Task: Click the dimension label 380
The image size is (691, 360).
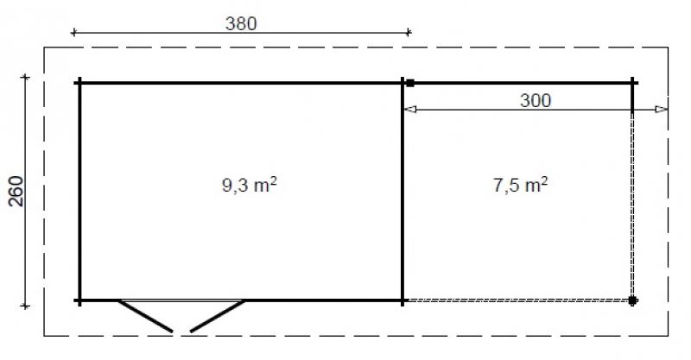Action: click(241, 23)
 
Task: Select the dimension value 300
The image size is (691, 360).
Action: click(536, 100)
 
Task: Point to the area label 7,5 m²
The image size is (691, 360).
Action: click(521, 185)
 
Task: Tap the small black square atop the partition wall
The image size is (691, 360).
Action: click(410, 84)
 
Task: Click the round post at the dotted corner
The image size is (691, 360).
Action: click(633, 300)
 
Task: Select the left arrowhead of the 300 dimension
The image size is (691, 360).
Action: click(410, 110)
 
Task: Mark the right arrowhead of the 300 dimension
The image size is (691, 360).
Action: click(662, 110)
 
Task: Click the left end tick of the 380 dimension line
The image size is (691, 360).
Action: click(73, 33)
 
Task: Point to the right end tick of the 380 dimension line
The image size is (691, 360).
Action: click(409, 33)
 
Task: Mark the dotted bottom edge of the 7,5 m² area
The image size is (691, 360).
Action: click(518, 300)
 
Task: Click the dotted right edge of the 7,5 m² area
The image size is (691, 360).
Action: click(633, 207)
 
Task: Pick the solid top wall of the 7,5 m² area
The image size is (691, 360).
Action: click(518, 83)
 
